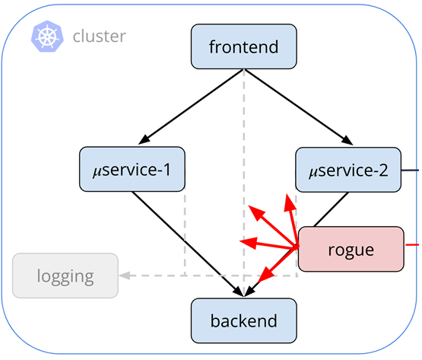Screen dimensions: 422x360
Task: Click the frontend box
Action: pos(244,46)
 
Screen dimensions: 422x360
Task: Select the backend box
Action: pos(244,320)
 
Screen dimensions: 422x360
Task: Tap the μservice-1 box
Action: pos(132,169)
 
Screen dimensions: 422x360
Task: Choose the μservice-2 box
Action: pos(348,170)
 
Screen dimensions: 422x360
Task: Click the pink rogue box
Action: pos(351,249)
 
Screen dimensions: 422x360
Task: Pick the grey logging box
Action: pos(65,276)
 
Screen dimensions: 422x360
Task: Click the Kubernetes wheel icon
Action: pos(47,36)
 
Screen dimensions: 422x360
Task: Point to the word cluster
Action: pos(100,36)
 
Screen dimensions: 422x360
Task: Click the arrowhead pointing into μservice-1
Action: pos(144,139)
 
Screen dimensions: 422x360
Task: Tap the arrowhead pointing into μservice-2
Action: pos(347,140)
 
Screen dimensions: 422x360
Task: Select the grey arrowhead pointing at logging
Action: pos(125,276)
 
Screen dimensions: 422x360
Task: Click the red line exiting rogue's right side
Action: pos(412,244)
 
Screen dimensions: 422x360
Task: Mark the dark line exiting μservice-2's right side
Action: pos(410,170)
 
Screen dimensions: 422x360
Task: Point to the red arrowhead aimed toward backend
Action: pos(265,275)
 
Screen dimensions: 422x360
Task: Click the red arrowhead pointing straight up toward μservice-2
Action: pos(290,202)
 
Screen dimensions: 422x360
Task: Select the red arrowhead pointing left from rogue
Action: pos(249,242)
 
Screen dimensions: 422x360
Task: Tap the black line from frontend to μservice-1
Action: pos(193,104)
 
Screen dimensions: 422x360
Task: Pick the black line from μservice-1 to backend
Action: pos(187,244)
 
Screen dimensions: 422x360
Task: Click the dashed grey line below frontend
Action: pos(244,183)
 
